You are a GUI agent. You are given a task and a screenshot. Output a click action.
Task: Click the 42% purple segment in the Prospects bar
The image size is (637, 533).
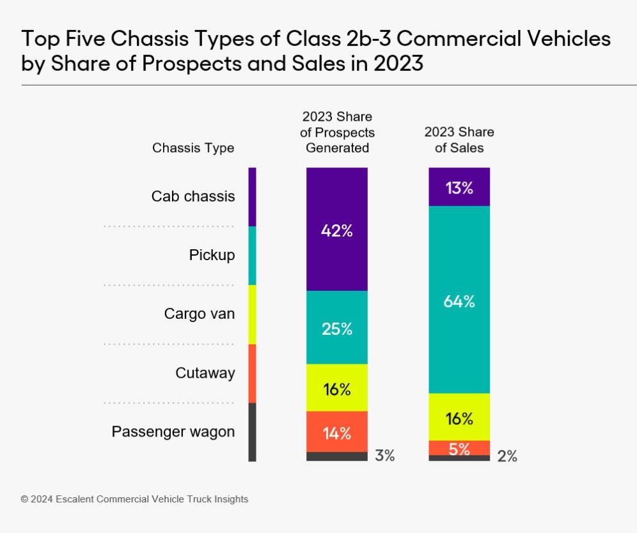click(x=337, y=229)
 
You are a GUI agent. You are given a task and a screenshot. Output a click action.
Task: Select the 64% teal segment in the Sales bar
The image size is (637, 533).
click(x=459, y=300)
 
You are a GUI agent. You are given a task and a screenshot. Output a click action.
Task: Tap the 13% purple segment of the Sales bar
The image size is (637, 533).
click(x=459, y=187)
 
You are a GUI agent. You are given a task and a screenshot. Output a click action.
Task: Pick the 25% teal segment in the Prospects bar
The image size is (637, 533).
click(x=337, y=328)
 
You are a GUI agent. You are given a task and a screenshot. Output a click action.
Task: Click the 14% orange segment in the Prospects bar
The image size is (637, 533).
click(x=337, y=432)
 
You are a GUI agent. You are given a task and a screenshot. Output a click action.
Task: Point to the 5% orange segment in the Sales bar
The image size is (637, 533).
click(x=459, y=448)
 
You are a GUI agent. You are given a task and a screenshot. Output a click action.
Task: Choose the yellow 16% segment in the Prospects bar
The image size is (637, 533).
click(x=337, y=388)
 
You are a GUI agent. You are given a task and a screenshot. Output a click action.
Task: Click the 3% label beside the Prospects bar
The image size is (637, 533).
click(x=385, y=456)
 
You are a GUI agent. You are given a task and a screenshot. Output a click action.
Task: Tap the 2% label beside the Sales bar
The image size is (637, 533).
click(x=507, y=456)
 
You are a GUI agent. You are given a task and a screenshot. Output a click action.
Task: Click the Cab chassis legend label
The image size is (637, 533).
click(x=193, y=196)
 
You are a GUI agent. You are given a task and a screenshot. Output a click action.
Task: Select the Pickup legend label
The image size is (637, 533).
click(x=212, y=255)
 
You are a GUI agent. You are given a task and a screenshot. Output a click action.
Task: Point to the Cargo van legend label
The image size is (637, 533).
click(x=200, y=314)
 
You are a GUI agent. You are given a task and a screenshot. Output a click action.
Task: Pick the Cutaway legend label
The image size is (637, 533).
click(x=205, y=373)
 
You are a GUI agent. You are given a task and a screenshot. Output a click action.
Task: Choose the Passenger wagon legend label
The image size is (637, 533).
click(x=173, y=431)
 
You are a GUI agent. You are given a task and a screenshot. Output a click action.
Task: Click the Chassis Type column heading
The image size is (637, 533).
click(x=193, y=148)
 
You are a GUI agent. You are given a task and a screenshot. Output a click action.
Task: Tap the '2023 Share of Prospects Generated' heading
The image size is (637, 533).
click(x=337, y=132)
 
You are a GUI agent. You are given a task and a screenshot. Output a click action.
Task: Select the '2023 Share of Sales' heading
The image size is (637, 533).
click(x=459, y=140)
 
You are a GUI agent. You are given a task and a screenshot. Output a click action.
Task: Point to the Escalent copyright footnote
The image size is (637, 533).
click(x=134, y=499)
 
